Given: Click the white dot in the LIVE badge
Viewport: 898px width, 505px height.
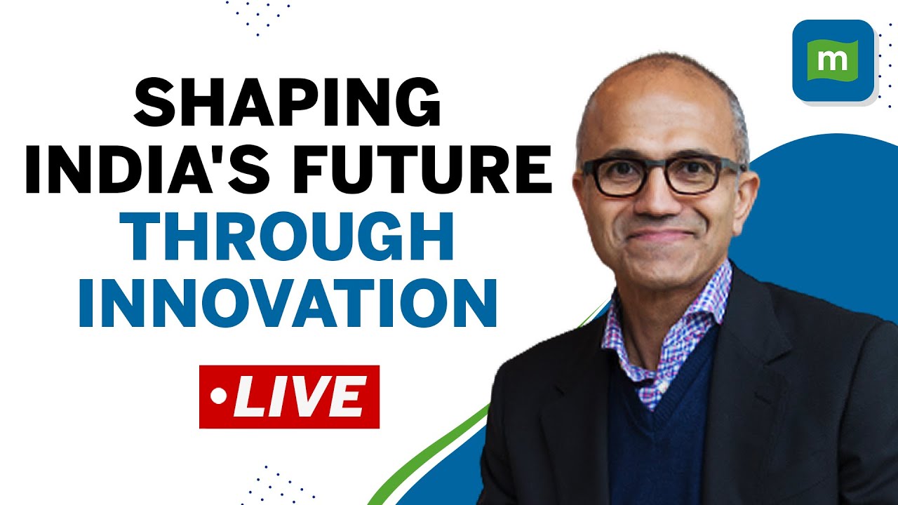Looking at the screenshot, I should click(x=220, y=397).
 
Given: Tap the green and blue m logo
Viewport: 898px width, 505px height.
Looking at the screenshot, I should click(x=833, y=60).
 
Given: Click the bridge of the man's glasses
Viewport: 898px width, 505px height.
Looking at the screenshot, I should click(x=657, y=167).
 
